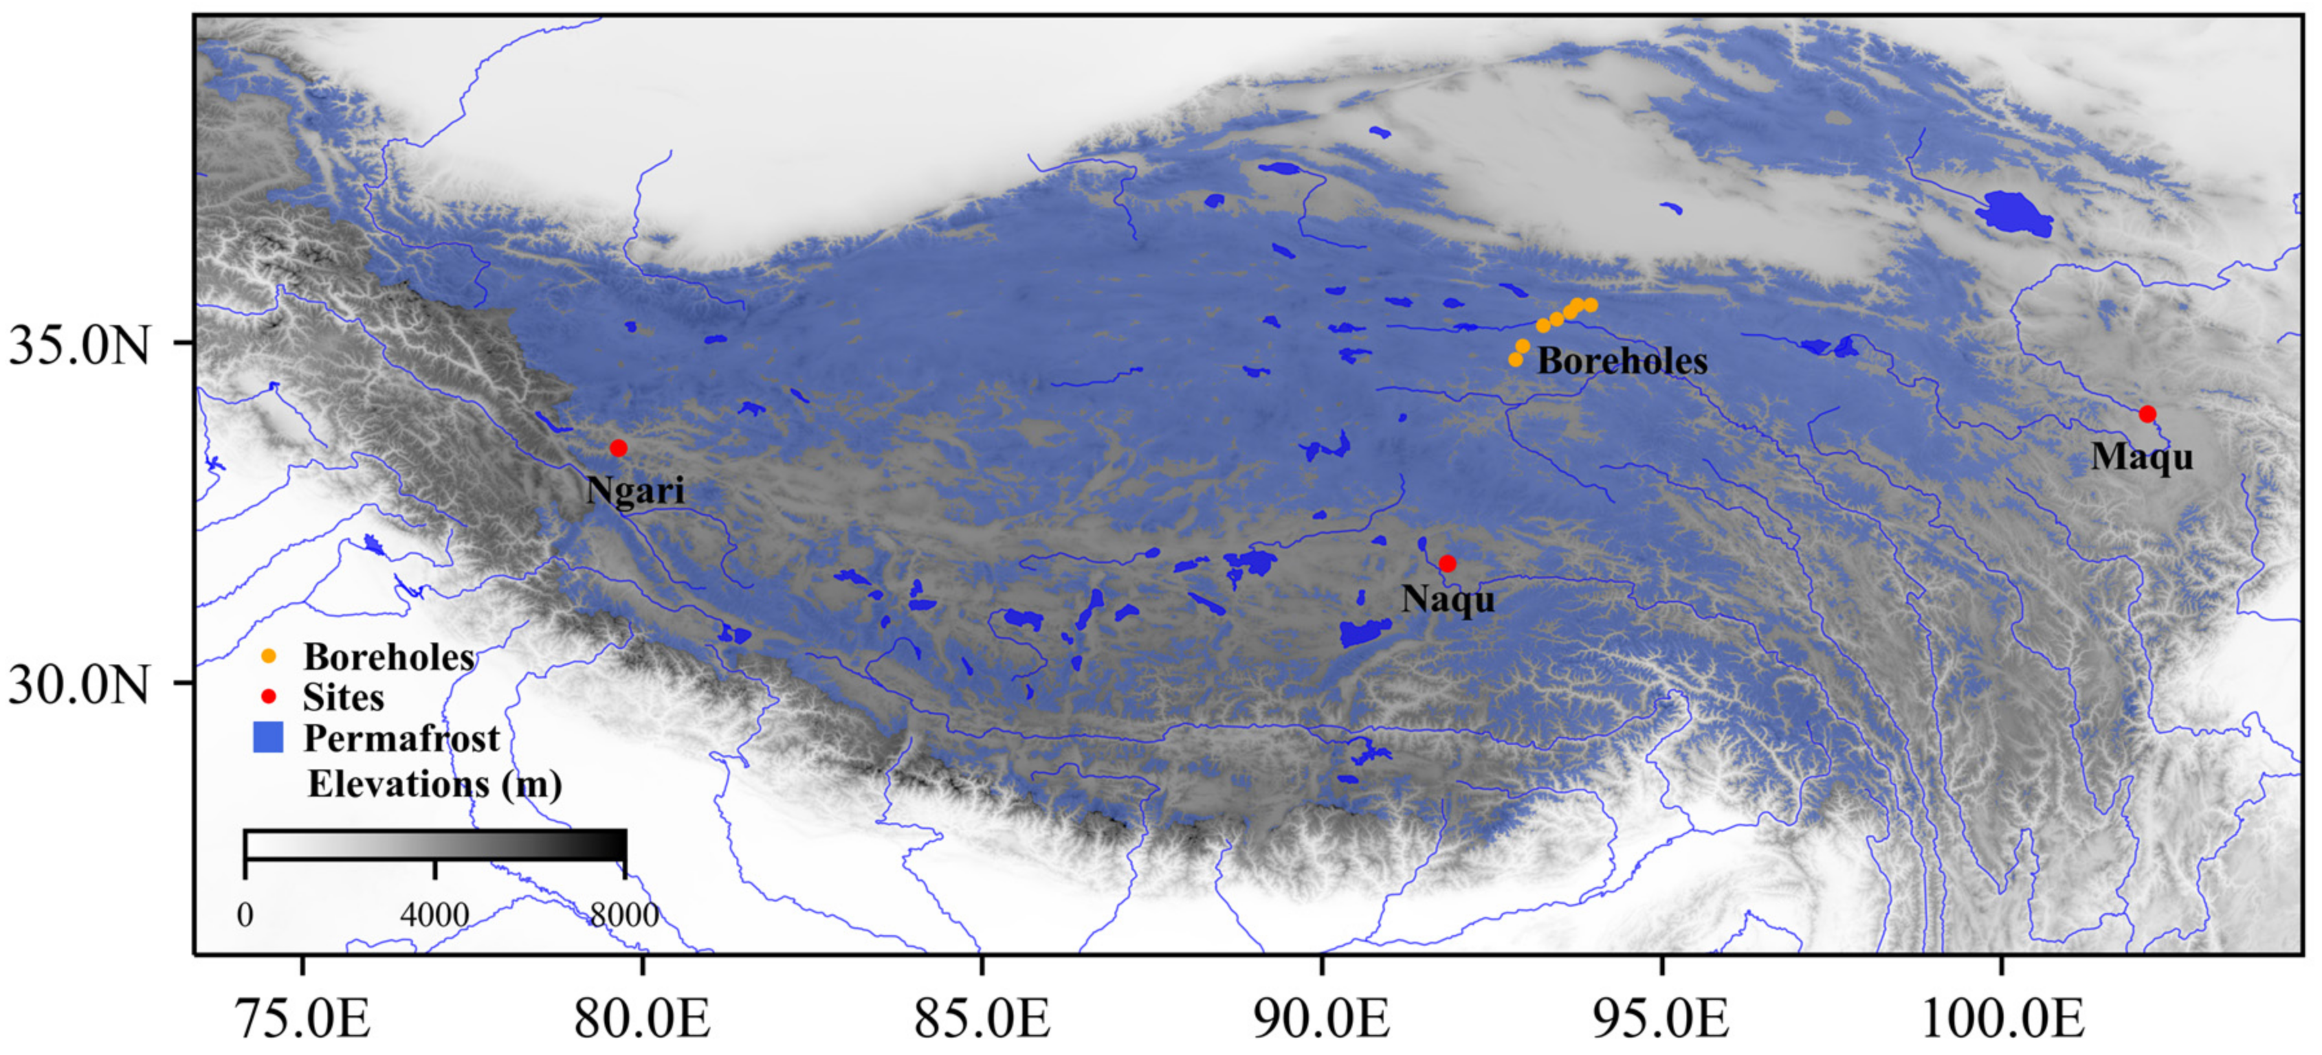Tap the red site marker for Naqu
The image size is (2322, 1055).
1448,563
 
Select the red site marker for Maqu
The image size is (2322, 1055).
2147,414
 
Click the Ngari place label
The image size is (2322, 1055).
636,490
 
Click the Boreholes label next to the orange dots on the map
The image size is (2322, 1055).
1622,361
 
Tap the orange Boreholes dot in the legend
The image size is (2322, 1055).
268,657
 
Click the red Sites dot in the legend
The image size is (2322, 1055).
268,697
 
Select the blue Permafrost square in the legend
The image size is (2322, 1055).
268,738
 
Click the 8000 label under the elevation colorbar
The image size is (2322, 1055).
624,915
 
